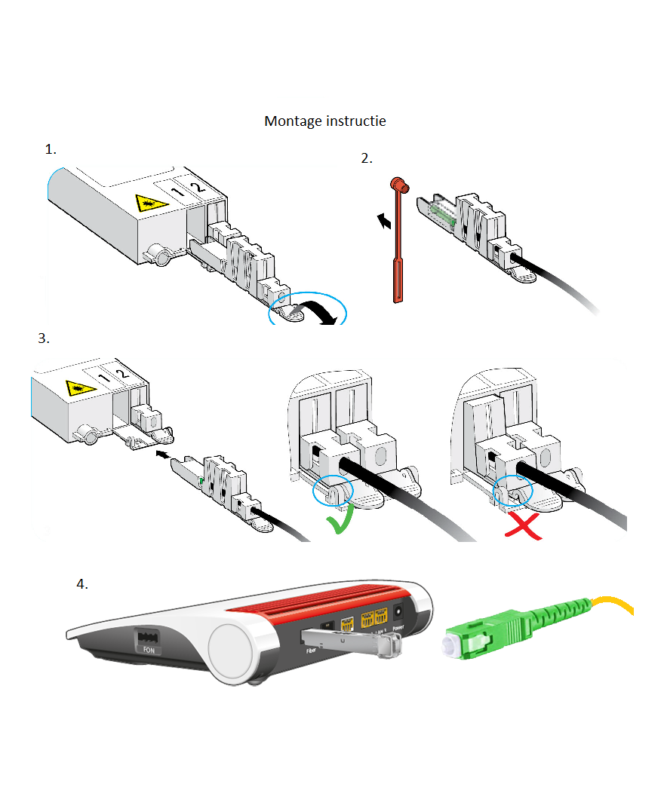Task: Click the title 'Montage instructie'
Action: [324, 121]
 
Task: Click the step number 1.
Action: [51, 149]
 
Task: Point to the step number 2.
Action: [367, 158]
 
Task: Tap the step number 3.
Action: [44, 338]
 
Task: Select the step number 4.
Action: [82, 584]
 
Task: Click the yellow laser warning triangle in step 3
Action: [78, 388]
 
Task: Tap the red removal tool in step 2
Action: [396, 241]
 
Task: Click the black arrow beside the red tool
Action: [386, 220]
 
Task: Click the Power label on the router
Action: [398, 627]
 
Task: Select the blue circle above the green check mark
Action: [333, 491]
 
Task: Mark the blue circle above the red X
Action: [513, 491]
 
